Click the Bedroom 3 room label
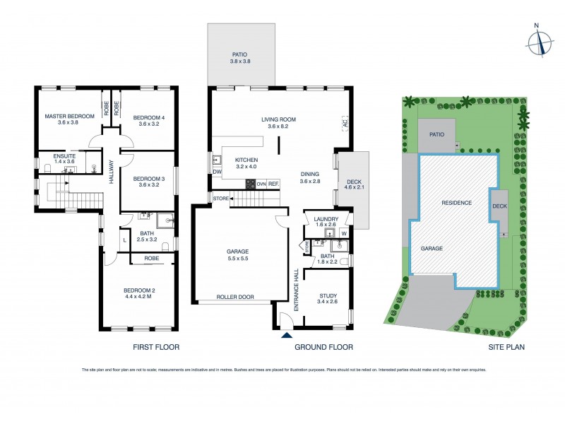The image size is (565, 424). click(x=149, y=179)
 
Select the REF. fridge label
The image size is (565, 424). click(x=273, y=184)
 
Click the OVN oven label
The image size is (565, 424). click(x=261, y=184)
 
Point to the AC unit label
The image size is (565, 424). click(x=345, y=124)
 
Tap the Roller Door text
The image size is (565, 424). click(x=235, y=298)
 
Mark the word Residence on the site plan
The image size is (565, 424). click(x=456, y=203)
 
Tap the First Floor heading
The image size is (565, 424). click(x=156, y=347)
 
